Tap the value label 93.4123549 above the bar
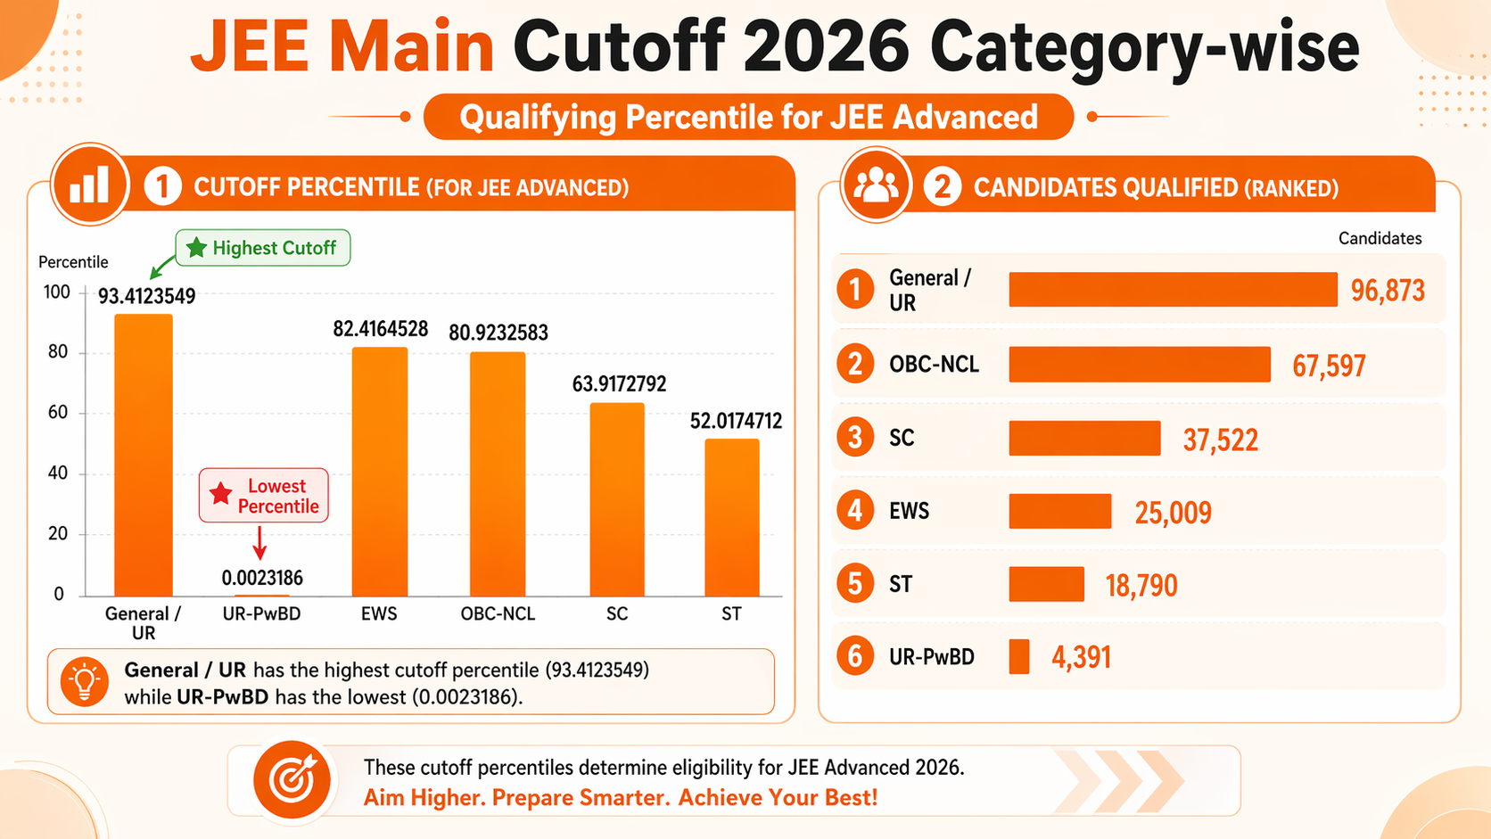[x=146, y=296]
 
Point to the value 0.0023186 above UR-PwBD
[x=262, y=578]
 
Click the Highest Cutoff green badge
[x=263, y=248]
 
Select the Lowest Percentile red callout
[x=264, y=496]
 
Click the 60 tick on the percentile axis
[x=58, y=412]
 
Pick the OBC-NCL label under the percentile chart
[x=498, y=613]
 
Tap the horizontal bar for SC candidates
[x=1084, y=438]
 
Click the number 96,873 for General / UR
[x=1388, y=291]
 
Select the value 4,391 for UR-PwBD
[x=1081, y=658]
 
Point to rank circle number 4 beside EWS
[x=855, y=511]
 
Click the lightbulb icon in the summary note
[x=85, y=682]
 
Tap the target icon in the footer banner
[x=292, y=780]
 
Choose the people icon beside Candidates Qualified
[x=876, y=185]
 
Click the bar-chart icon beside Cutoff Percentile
[x=89, y=184]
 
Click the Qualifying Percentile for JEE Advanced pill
[x=748, y=117]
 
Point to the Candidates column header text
[x=1380, y=238]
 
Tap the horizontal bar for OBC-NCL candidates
[x=1139, y=365]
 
